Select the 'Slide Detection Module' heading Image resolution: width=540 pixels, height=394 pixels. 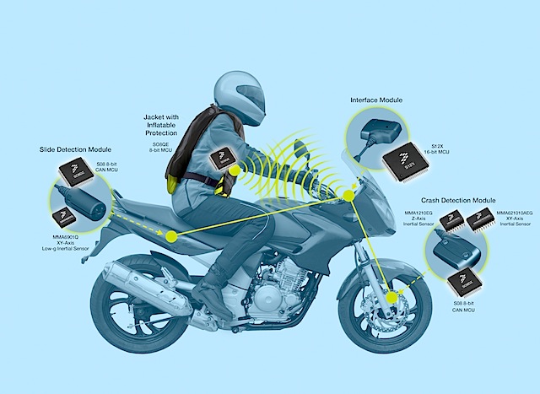77,149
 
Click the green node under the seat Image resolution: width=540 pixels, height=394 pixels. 174,237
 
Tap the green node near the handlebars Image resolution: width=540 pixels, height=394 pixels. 348,197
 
